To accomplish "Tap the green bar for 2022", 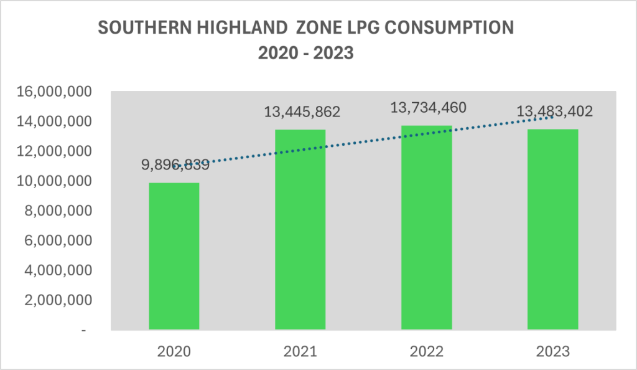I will [426, 227].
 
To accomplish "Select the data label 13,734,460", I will [428, 107].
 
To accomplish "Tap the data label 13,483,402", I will [555, 111].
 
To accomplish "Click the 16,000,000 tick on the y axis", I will [55, 92].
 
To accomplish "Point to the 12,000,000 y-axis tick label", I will [55, 151].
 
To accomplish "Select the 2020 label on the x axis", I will [174, 352].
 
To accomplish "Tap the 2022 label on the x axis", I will [426, 352].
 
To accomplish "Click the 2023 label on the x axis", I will [552, 352].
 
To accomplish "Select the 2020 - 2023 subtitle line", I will [305, 54].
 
